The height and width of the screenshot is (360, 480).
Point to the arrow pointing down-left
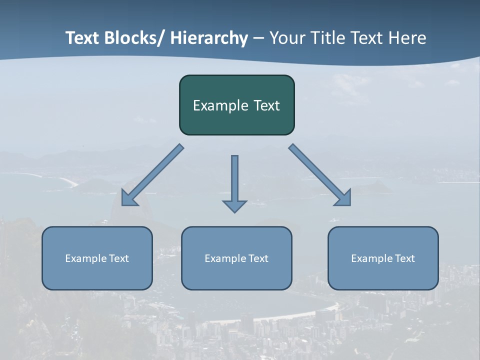[152, 175]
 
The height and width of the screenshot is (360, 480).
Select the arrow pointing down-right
[320, 175]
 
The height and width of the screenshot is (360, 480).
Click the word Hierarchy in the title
[209, 38]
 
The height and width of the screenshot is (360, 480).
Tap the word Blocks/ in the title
[133, 38]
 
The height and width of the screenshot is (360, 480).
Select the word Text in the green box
[266, 106]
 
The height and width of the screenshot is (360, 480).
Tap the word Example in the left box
[85, 258]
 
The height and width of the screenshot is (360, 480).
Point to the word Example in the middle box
[225, 258]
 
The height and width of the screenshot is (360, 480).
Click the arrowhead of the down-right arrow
[344, 198]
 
